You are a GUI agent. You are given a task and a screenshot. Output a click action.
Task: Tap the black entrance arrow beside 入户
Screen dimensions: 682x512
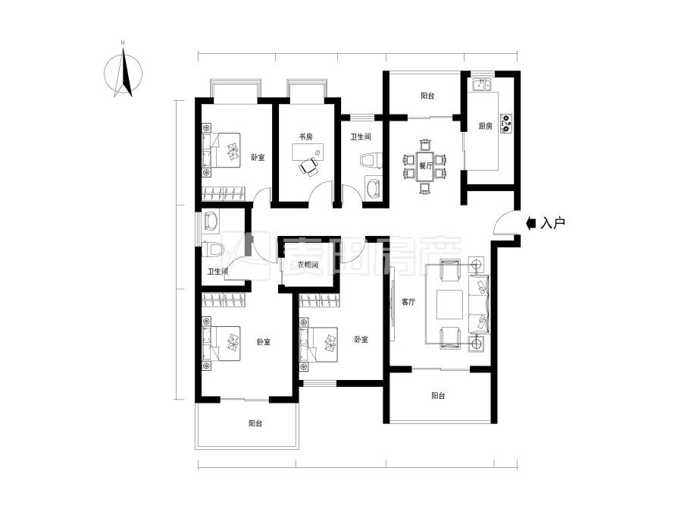point(531,223)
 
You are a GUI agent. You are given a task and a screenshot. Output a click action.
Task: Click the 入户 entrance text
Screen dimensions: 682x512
point(552,223)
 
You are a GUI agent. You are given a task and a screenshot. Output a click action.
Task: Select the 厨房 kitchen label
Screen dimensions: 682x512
point(486,126)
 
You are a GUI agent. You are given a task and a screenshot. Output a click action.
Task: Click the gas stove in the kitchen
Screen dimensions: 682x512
point(506,123)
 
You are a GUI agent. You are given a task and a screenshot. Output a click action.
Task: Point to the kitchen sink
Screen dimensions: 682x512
point(481,84)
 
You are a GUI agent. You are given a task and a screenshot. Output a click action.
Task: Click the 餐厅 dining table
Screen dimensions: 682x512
point(425,166)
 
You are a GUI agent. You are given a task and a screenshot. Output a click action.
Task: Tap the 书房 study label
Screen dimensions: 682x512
point(305,137)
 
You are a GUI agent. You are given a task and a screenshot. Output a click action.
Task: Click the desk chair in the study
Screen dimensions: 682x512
point(309,168)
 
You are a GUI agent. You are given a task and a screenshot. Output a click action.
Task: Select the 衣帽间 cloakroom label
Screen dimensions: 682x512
point(308,264)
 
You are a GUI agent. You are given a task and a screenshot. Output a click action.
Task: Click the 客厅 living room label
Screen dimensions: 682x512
point(408,302)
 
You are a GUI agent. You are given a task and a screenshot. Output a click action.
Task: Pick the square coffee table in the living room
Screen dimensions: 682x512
point(451,304)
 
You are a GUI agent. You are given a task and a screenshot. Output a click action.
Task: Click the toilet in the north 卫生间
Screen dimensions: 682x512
point(371,160)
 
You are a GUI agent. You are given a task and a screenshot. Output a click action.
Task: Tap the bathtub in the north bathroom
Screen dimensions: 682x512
point(373,187)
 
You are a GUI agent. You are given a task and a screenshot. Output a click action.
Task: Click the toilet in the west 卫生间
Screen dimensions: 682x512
point(213,250)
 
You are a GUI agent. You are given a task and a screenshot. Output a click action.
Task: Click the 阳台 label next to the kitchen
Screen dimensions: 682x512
point(427,96)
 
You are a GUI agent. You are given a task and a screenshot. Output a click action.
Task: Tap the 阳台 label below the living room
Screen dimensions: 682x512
point(438,396)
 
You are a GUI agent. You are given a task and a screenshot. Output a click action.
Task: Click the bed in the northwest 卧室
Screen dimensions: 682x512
point(221,150)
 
